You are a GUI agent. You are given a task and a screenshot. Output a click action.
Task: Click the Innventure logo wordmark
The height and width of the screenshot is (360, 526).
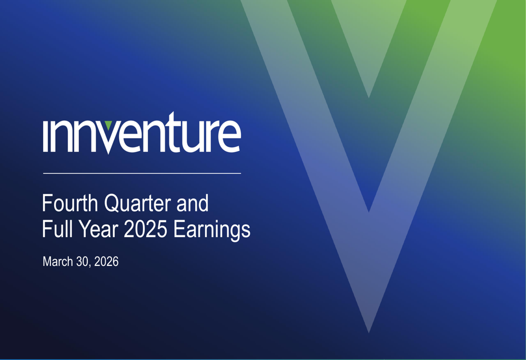pos(142,133)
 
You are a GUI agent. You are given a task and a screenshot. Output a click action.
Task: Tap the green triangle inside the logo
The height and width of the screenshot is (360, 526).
pos(108,125)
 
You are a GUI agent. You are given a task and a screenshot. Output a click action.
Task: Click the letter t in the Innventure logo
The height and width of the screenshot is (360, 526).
pos(174,132)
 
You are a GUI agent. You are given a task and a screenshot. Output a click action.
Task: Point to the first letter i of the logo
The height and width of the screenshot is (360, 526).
pos(47,136)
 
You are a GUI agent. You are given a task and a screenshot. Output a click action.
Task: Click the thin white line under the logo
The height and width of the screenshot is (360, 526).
pos(142,173)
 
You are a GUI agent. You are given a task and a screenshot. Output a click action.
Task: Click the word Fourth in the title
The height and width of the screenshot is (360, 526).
pos(70,203)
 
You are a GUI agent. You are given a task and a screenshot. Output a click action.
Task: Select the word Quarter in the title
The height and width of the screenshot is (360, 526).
pos(137,203)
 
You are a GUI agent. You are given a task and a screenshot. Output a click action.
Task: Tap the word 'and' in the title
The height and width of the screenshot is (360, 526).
pos(193,203)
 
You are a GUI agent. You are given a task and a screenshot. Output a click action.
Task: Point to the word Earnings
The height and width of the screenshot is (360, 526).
pos(211,230)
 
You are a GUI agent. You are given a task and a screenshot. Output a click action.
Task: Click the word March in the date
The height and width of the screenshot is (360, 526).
pos(58,261)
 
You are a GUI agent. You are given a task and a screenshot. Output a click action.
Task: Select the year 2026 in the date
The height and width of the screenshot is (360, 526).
pos(106,261)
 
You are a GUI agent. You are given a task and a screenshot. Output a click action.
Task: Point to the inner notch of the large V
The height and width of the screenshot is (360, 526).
pos(369,212)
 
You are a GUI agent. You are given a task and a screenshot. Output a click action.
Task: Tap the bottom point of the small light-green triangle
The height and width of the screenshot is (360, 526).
pos(369,98)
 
